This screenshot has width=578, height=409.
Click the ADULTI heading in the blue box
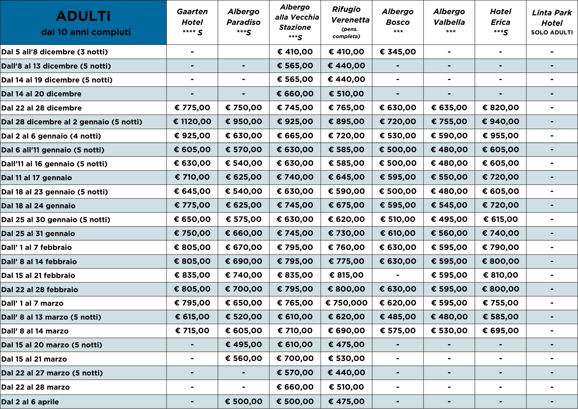[x=83, y=16]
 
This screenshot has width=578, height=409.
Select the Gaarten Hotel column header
[x=192, y=22]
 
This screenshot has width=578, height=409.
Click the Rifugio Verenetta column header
[x=346, y=22]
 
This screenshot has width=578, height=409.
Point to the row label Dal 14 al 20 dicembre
[x=41, y=94]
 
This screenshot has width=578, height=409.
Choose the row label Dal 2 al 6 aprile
[x=30, y=402]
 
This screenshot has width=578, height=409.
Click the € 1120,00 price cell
[x=192, y=122]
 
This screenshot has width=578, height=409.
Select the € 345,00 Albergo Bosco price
[x=398, y=52]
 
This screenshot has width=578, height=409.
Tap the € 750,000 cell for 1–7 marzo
[x=346, y=303]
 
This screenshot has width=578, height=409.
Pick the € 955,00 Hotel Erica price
[x=501, y=136]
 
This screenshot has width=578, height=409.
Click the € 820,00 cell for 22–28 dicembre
[x=501, y=108]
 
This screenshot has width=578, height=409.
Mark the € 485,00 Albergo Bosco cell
[x=398, y=317]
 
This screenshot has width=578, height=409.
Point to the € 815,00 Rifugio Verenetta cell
[x=346, y=275]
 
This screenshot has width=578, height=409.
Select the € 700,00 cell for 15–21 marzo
[x=295, y=359]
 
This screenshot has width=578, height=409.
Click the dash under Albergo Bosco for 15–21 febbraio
[x=398, y=275]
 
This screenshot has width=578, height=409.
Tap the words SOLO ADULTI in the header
[x=552, y=32]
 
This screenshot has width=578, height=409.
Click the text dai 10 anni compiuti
[x=86, y=32]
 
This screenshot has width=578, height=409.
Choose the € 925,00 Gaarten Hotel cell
[x=192, y=136]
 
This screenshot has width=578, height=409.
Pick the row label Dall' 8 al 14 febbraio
[x=39, y=261]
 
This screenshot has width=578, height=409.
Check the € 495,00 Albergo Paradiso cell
[x=244, y=345]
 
